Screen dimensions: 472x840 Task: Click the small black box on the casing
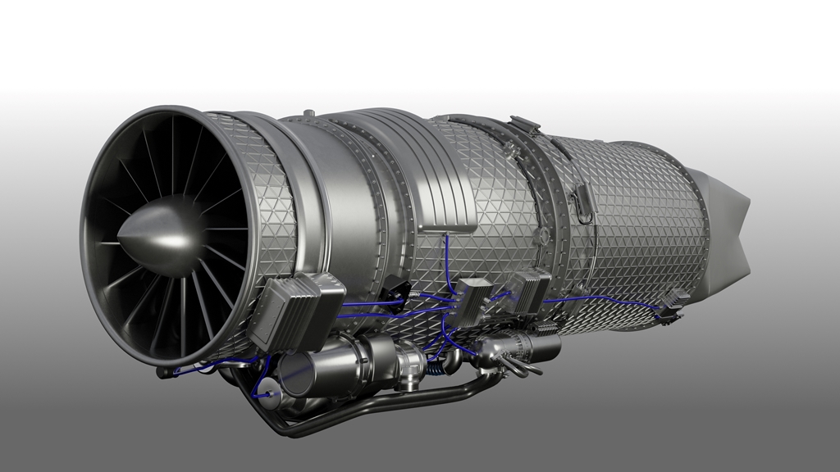[x=396, y=288]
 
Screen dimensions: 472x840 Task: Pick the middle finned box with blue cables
[x=473, y=299]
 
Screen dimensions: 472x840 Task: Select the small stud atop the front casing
[x=308, y=113]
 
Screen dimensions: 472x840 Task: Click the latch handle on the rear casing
[x=583, y=201]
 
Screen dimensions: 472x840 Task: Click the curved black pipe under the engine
[x=369, y=414]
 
